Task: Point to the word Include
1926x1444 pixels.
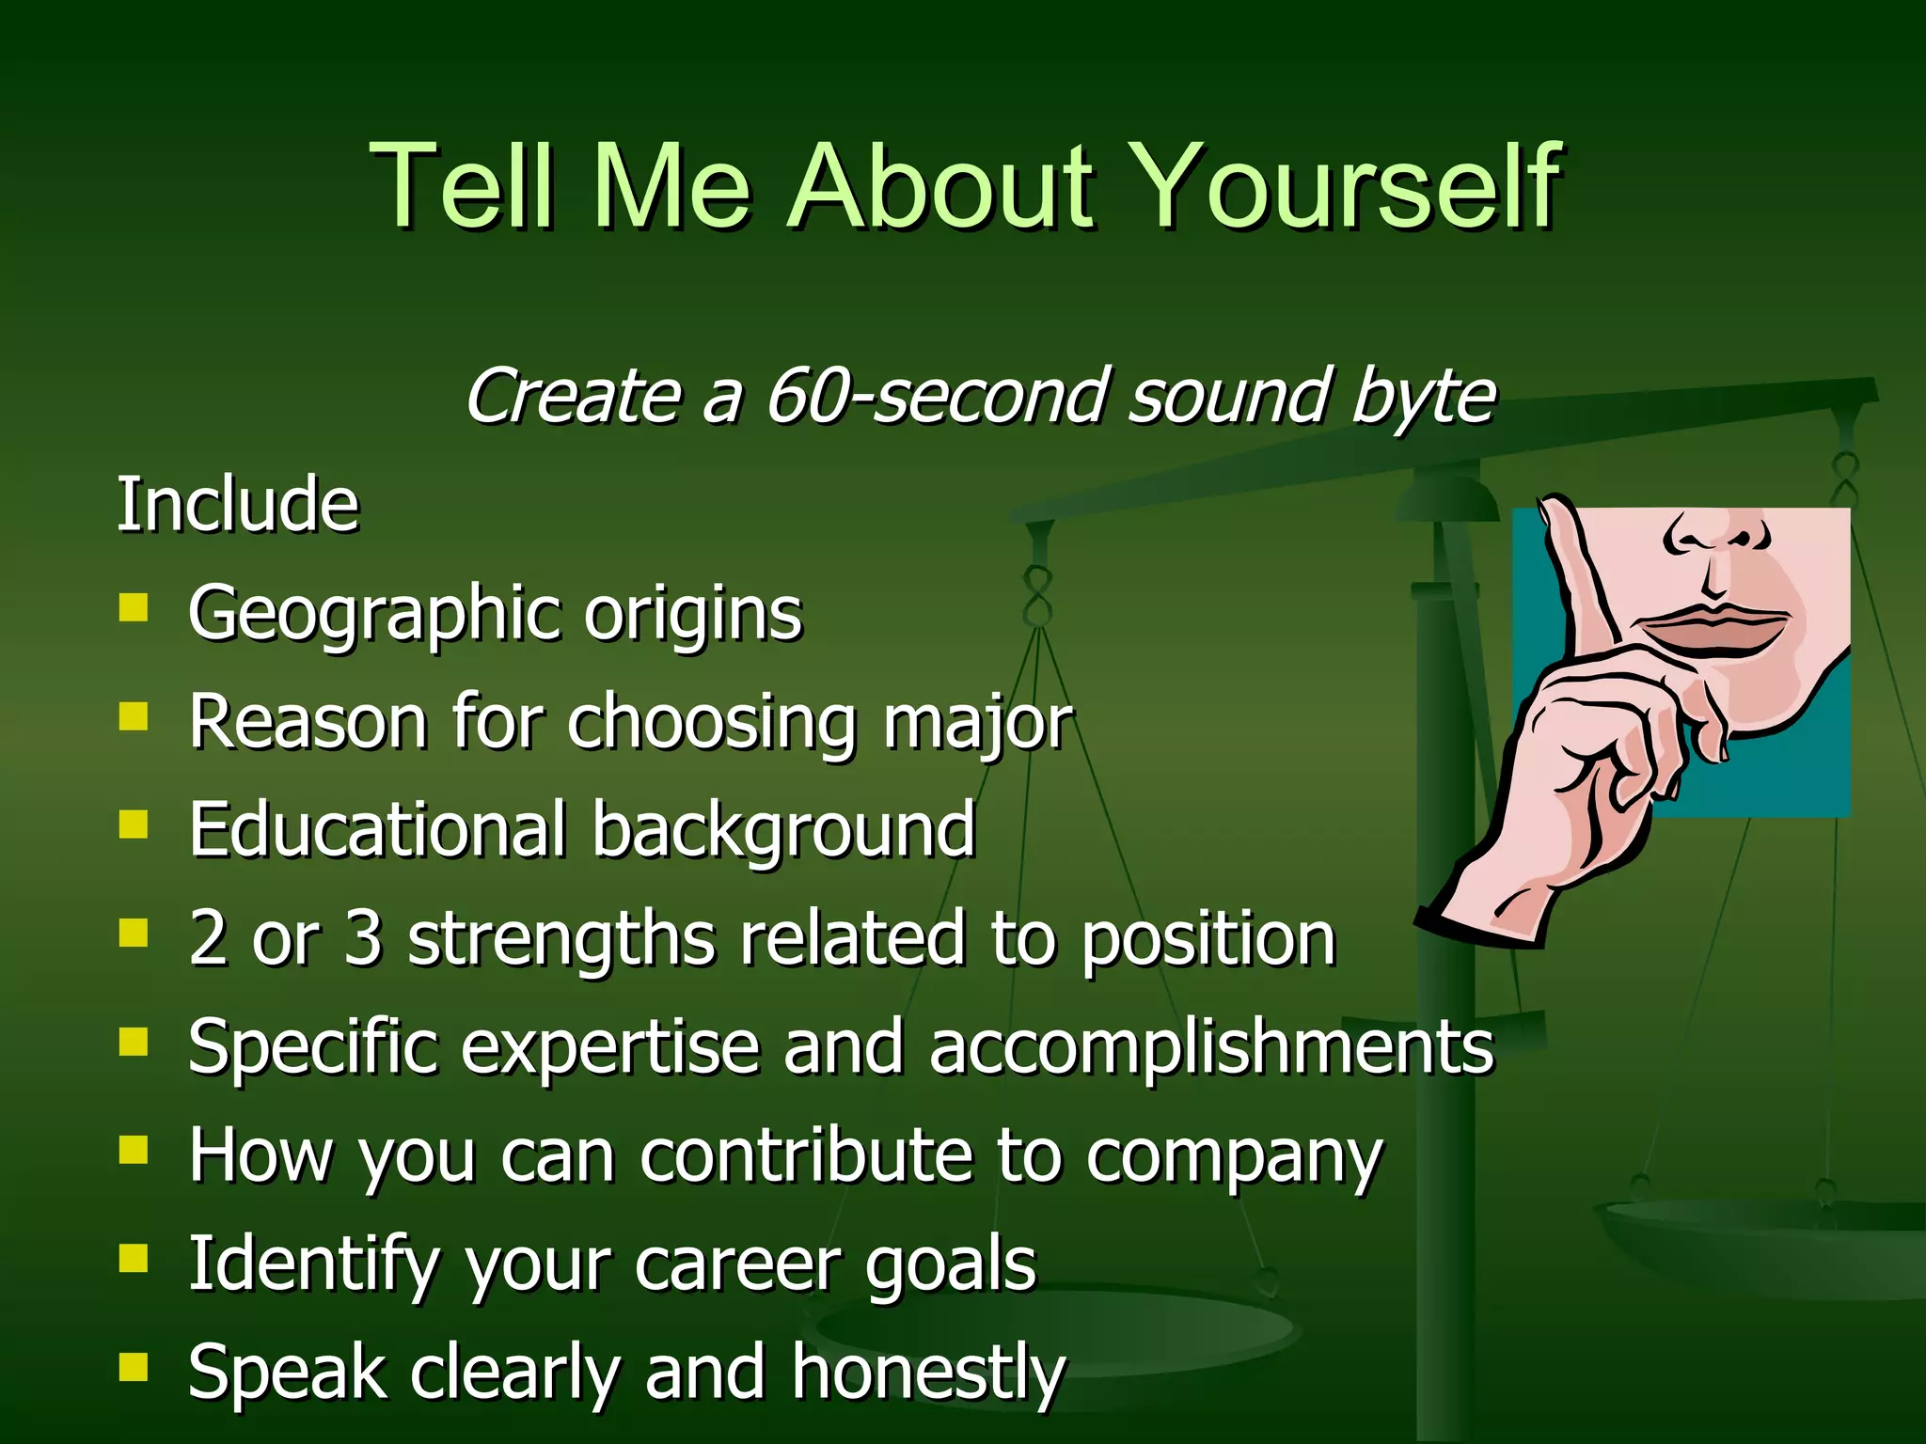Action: pos(237,506)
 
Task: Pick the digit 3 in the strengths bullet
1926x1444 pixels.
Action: pos(363,938)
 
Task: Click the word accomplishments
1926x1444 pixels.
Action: pos(1211,1047)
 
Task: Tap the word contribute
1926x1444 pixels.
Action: pos(804,1155)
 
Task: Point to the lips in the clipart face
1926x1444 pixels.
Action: pos(1712,628)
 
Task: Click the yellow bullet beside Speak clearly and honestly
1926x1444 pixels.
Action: pos(134,1366)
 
